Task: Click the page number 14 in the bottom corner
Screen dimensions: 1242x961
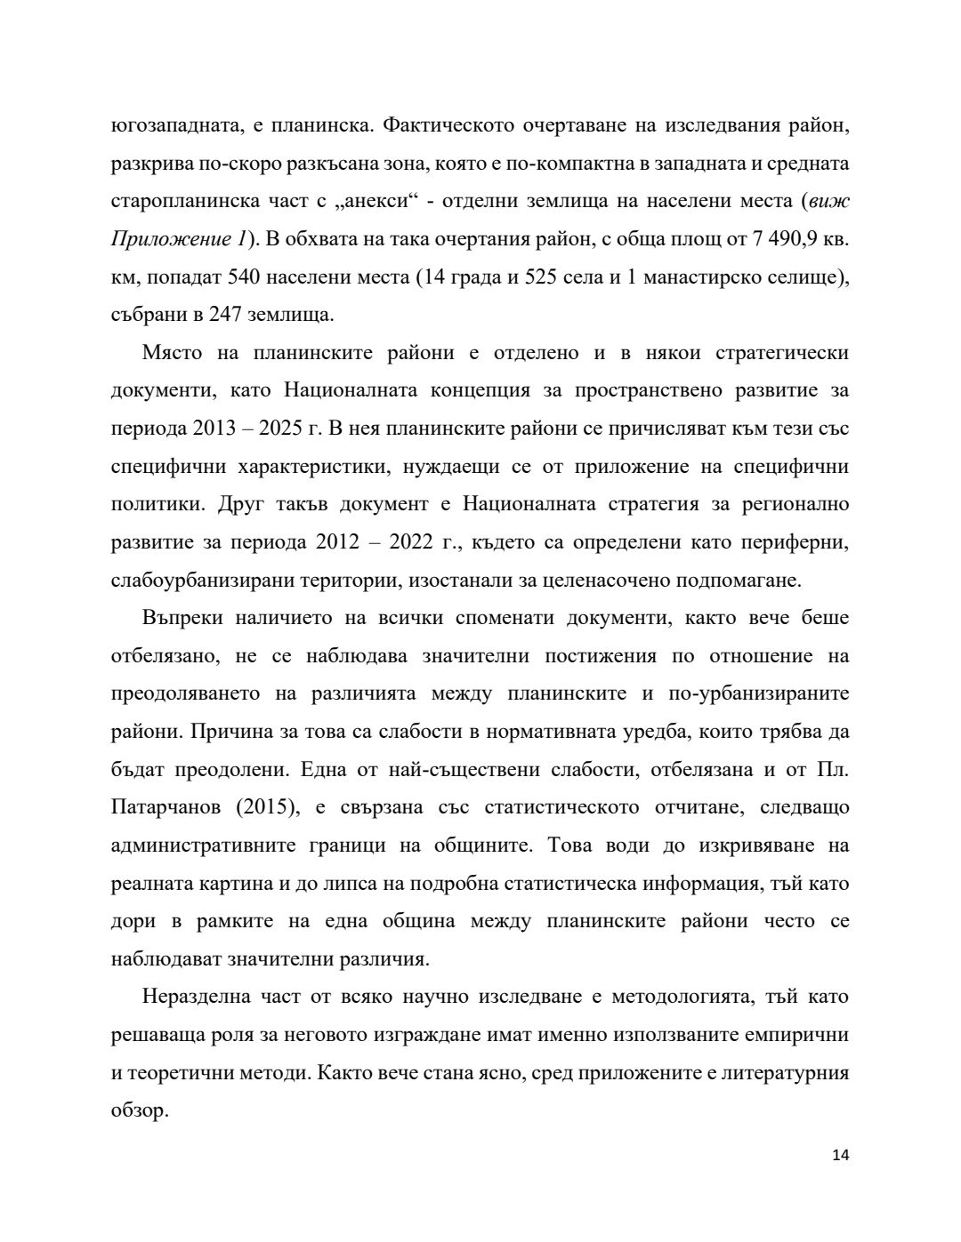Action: click(x=840, y=1156)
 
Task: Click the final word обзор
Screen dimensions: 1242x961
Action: click(x=140, y=1110)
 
